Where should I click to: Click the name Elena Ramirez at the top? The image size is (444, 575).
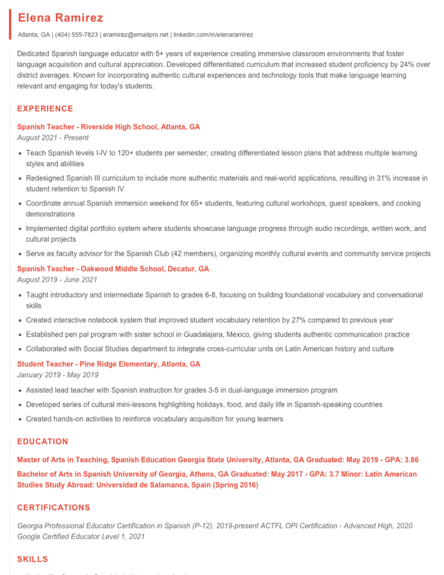(x=61, y=18)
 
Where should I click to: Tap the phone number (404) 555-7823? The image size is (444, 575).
(x=76, y=35)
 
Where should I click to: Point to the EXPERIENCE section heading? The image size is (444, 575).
(x=45, y=109)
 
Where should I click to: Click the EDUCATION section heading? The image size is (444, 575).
(x=43, y=441)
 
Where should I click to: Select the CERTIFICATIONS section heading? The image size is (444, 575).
(x=54, y=507)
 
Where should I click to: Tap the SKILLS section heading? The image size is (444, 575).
(x=32, y=559)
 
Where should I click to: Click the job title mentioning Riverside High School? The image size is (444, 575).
(x=109, y=127)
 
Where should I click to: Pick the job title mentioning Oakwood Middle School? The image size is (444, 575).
(x=113, y=269)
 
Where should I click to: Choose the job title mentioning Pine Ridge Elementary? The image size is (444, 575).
(x=109, y=364)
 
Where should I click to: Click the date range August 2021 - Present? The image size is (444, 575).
(x=53, y=138)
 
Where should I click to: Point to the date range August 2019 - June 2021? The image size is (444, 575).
(x=57, y=279)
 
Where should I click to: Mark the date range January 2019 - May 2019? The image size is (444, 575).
(x=55, y=375)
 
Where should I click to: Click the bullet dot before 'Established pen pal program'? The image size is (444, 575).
(x=20, y=335)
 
